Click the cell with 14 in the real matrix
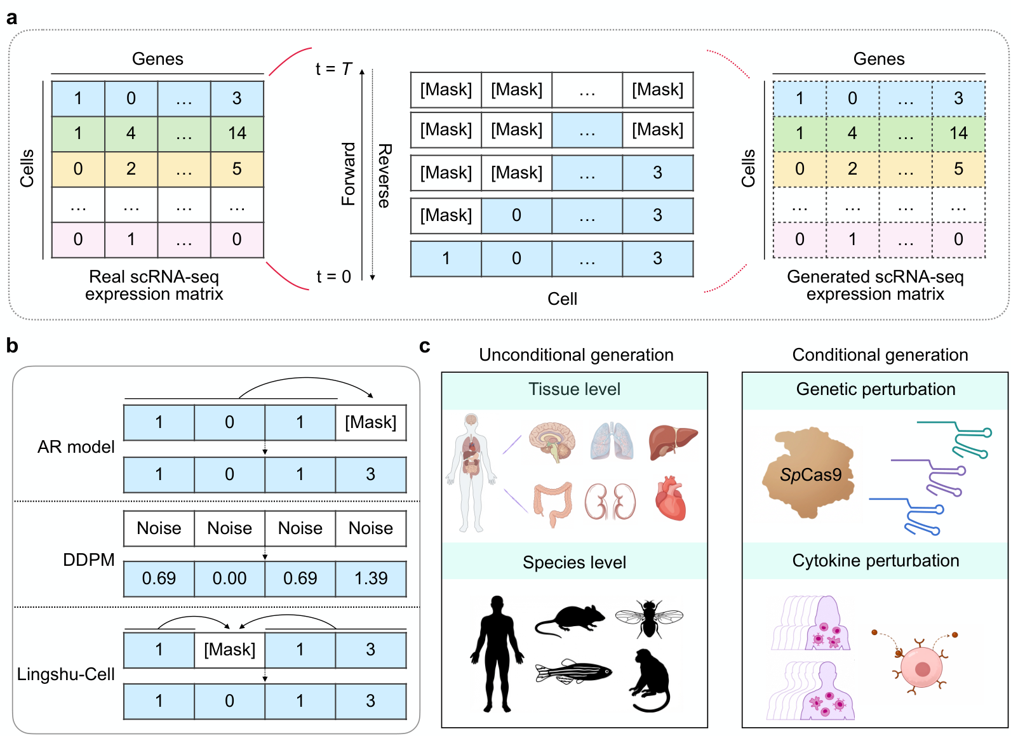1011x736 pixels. coord(237,133)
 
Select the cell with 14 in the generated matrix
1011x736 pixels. coord(958,133)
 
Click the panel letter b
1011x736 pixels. coord(12,346)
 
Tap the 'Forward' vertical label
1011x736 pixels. coord(349,173)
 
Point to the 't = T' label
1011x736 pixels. coord(333,69)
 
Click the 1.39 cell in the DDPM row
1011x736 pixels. coord(371,579)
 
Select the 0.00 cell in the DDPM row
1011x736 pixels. coord(229,579)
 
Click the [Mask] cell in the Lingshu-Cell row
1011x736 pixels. coord(229,650)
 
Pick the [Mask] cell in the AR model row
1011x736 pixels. coord(371,422)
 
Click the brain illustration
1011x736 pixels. coord(552,441)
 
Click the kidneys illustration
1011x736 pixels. coord(610,502)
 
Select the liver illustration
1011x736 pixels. coord(672,441)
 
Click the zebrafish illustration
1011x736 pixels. coord(573,672)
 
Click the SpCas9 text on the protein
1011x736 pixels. coord(811,475)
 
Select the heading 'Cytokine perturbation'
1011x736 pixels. coord(875,561)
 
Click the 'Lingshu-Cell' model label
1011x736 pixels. coord(65,674)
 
